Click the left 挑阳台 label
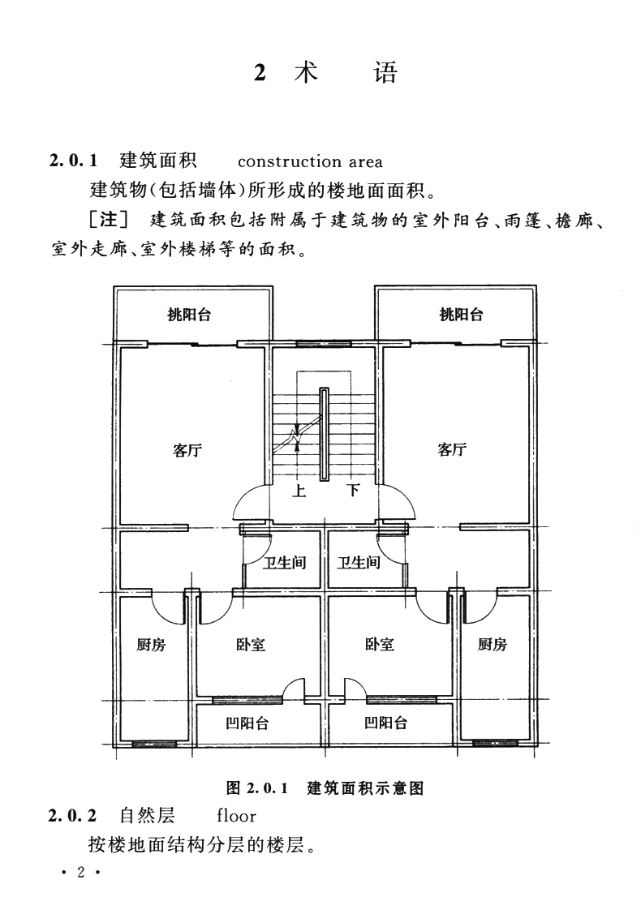(x=189, y=315)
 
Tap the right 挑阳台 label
(x=461, y=315)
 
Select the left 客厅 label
(x=187, y=450)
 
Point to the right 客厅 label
(x=452, y=450)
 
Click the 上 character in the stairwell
(x=299, y=490)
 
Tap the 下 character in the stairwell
(x=353, y=490)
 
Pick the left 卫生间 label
(x=283, y=562)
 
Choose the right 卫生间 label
(x=359, y=562)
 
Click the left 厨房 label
(x=151, y=645)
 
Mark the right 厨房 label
(x=492, y=645)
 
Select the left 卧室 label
(x=251, y=645)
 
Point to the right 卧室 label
(x=380, y=645)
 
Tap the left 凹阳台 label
(x=247, y=723)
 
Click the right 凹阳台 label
(x=385, y=723)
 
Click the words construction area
(x=310, y=161)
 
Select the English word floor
(x=236, y=815)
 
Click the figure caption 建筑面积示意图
(x=366, y=787)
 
